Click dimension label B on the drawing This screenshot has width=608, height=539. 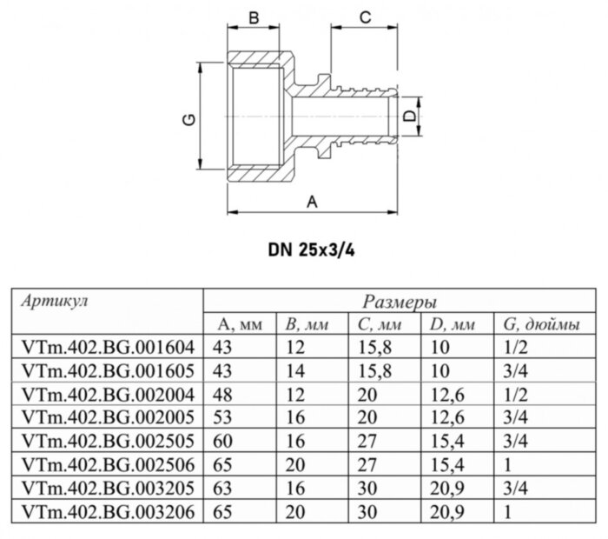[255, 17]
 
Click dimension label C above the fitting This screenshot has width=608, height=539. [365, 17]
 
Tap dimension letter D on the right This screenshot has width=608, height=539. [406, 116]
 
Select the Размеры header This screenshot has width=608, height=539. [399, 302]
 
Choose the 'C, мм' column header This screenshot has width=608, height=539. [379, 325]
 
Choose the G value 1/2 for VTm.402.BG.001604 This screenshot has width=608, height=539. [514, 346]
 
